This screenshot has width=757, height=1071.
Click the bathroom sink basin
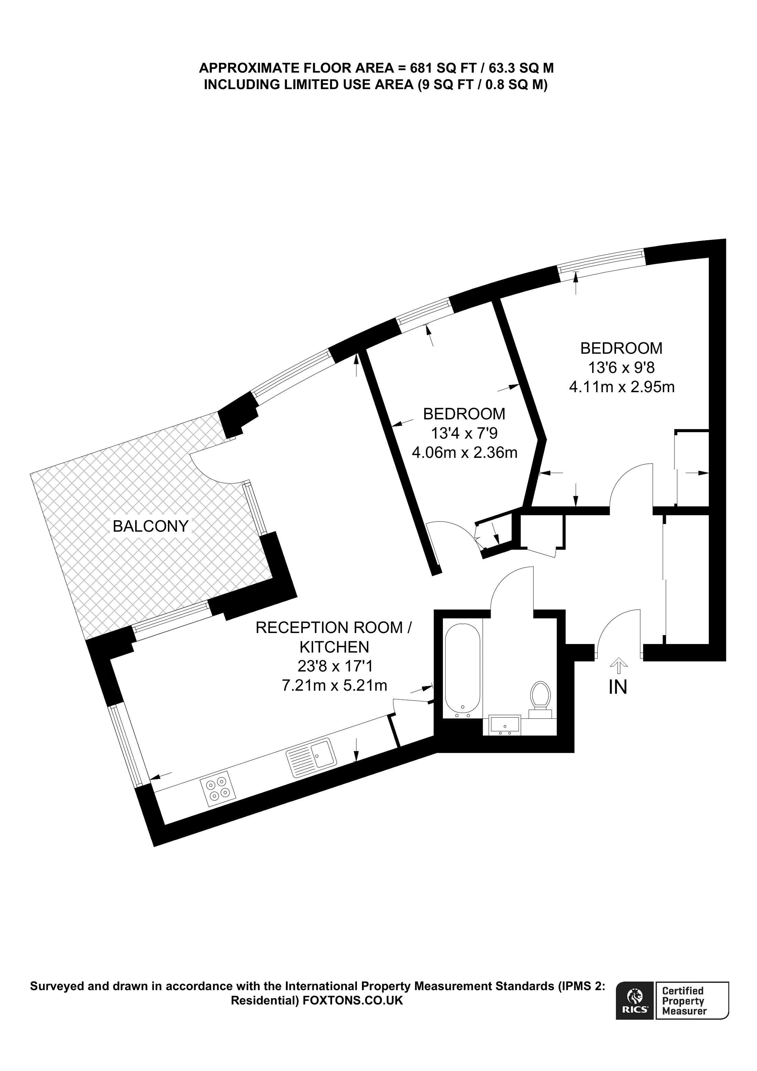tap(505, 725)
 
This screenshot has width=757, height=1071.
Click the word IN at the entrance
tap(618, 688)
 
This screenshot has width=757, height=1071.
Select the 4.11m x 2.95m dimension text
tap(621, 387)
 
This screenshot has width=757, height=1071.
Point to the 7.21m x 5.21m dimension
tap(334, 685)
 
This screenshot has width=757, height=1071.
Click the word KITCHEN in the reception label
tap(334, 647)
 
